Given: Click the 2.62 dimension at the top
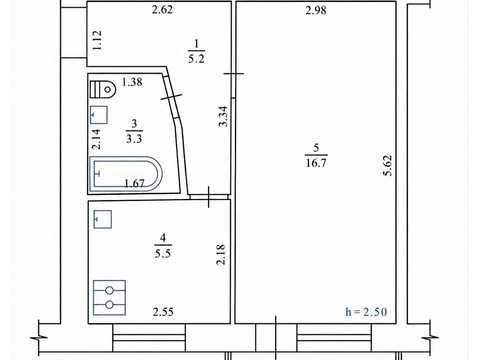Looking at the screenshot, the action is coord(162,10).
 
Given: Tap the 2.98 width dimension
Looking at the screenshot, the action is coord(316,10).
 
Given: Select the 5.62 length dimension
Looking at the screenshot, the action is coord(388,165).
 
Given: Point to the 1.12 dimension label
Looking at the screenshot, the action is coord(97,40).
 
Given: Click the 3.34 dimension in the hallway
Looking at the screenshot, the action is coord(223,116).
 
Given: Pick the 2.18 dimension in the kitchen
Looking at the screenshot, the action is coord(221,254).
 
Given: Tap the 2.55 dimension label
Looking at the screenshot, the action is coord(163,312).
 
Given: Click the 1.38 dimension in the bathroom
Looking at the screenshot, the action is coord(132,82).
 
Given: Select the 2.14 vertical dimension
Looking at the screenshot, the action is coord(96,139).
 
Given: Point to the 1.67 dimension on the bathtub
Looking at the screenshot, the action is coord(134,183).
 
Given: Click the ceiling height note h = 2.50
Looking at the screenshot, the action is coord(366,312).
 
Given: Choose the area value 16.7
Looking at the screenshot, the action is coord(316,163).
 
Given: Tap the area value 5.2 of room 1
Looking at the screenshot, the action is coord(196,59).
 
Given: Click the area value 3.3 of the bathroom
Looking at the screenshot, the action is coord(134,138).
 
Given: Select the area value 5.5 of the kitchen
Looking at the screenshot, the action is coord(163,253).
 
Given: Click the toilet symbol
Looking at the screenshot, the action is coord(103,89).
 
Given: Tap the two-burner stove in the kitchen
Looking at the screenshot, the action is coord(109,298).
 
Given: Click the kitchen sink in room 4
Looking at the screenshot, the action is coord(103,219).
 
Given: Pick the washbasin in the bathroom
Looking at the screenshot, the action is coord(99,115).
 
